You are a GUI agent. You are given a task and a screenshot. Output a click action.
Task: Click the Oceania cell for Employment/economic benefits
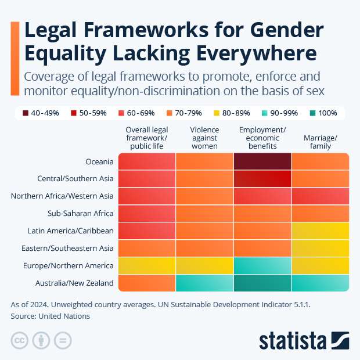[262, 161]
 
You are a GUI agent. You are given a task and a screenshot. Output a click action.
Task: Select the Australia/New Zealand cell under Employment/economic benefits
[262, 283]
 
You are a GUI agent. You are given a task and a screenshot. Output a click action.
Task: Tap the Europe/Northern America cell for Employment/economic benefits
[262, 265]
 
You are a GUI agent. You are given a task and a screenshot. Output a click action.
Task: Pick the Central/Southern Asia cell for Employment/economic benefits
[262, 179]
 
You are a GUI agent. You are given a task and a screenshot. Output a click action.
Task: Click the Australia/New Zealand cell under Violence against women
[204, 283]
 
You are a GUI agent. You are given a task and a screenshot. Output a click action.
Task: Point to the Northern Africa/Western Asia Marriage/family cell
[320, 196]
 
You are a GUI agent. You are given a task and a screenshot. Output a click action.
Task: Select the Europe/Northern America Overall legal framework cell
[147, 265]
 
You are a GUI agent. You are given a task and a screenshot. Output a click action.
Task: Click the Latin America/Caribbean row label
[70, 231]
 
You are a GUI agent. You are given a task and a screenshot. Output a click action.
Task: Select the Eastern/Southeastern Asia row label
[69, 248]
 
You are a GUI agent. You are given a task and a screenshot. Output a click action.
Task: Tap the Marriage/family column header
[320, 142]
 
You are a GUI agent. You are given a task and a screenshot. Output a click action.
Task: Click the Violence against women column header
[204, 138]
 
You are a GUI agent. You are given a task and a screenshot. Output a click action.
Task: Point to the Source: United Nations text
[51, 316]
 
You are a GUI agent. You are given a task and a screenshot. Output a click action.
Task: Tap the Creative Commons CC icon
[20, 340]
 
